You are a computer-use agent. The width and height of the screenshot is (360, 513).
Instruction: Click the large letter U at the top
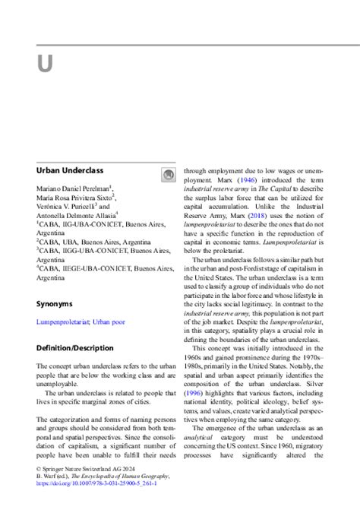click(x=45, y=63)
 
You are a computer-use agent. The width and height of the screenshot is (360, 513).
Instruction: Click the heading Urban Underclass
click(x=70, y=170)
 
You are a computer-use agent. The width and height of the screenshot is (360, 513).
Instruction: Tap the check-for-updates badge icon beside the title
click(x=169, y=176)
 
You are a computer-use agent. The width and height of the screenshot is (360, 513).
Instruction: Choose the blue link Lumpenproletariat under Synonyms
click(x=62, y=321)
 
